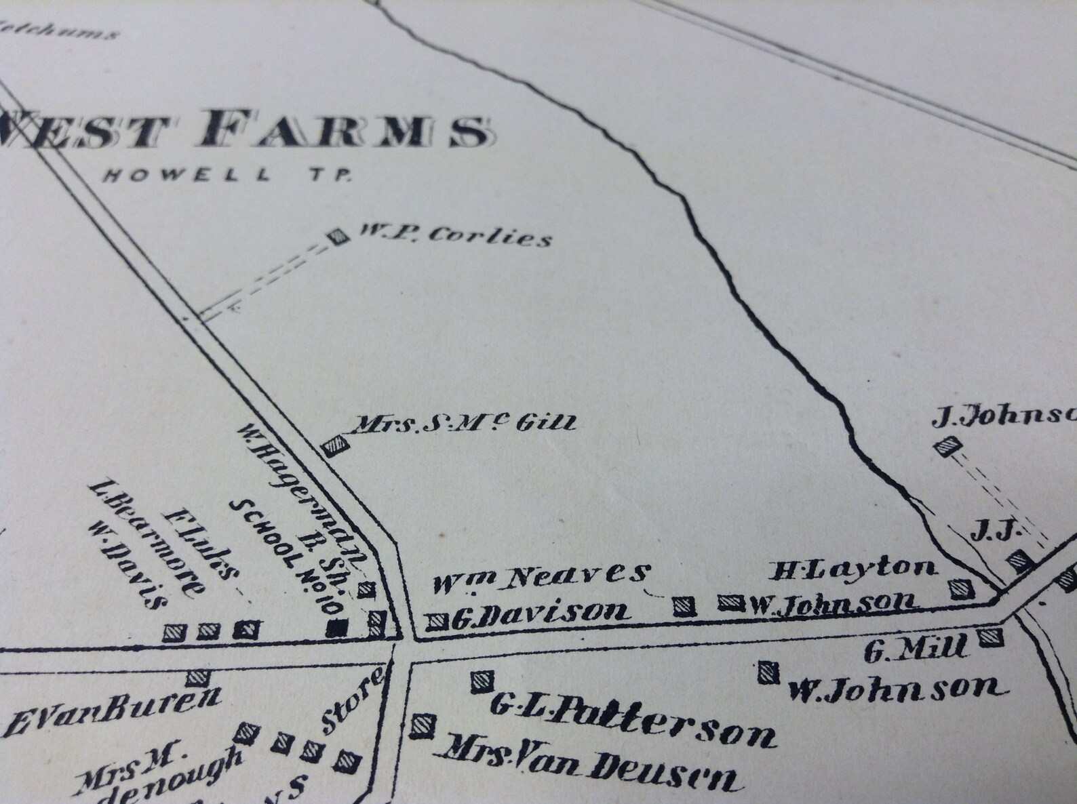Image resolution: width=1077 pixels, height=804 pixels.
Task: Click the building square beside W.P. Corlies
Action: (336, 237)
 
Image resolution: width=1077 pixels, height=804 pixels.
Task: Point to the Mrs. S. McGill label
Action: (461, 424)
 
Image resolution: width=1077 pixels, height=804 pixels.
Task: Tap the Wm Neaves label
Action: (540, 575)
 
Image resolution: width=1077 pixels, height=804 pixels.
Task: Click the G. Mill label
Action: (915, 649)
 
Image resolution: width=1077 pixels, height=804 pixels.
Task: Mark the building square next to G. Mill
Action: (990, 637)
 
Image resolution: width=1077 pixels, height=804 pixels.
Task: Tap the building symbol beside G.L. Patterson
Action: (481, 681)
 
